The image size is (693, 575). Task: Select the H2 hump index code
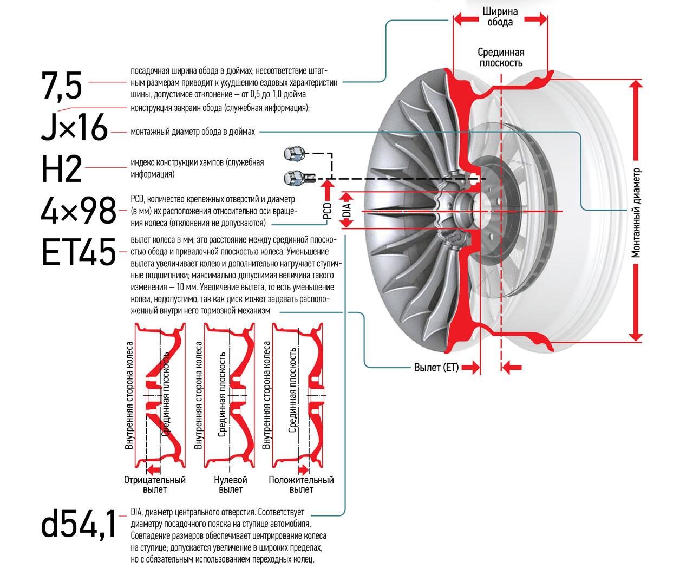pos(61,169)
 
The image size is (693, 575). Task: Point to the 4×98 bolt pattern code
pos(79,210)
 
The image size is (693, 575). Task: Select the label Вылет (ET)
pos(436,368)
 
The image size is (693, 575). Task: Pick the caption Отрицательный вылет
pos(154,485)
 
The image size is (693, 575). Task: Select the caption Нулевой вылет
pos(231,485)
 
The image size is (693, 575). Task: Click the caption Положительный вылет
pos(301,485)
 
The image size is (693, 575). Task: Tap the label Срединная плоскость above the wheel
pos(501,57)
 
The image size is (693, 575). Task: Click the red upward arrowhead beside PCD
pos(326,189)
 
